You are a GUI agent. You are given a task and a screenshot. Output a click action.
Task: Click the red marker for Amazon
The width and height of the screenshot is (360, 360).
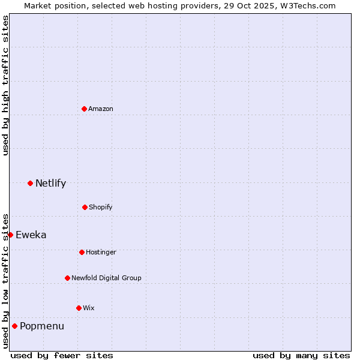coord(84,109)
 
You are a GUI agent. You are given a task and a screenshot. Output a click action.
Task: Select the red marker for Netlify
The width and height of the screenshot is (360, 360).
coord(30,183)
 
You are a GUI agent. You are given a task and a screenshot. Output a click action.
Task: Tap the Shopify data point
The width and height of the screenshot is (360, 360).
coord(85,207)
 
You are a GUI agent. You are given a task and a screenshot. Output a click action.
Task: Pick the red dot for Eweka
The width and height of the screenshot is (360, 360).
coord(10,235)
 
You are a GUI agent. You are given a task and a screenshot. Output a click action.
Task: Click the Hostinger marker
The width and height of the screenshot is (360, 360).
coord(82,252)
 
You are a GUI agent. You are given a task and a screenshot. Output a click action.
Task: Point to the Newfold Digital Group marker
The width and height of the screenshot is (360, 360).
coord(67,278)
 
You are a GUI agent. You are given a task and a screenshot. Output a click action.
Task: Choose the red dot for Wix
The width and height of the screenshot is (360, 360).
coord(79,308)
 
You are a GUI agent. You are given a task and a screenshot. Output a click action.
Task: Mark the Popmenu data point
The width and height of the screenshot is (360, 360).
coord(14,326)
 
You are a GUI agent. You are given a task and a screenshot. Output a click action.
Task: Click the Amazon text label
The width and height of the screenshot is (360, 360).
coord(101,109)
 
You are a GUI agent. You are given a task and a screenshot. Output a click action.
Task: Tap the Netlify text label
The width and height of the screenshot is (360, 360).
coord(50,183)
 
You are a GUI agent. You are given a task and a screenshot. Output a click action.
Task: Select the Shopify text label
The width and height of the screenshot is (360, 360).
coord(101,207)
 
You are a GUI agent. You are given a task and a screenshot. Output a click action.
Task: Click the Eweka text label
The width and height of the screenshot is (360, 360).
coord(31,235)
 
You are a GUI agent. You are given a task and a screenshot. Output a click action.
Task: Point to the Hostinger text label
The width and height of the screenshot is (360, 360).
coord(101,252)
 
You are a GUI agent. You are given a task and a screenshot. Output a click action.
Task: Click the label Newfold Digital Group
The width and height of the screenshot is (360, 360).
coord(106,278)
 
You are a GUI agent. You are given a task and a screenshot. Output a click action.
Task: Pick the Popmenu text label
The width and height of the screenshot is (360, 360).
coord(42,326)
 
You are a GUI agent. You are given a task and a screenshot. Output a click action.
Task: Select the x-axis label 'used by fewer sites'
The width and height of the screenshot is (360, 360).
coord(62,355)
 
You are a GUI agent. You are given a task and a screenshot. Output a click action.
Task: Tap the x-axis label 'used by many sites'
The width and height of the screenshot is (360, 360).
coord(301,355)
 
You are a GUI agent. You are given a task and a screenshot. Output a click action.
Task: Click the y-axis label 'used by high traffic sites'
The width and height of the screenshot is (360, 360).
coord(5,85)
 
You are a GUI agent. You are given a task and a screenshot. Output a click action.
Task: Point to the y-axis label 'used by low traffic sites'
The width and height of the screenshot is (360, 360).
coord(5,281)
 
